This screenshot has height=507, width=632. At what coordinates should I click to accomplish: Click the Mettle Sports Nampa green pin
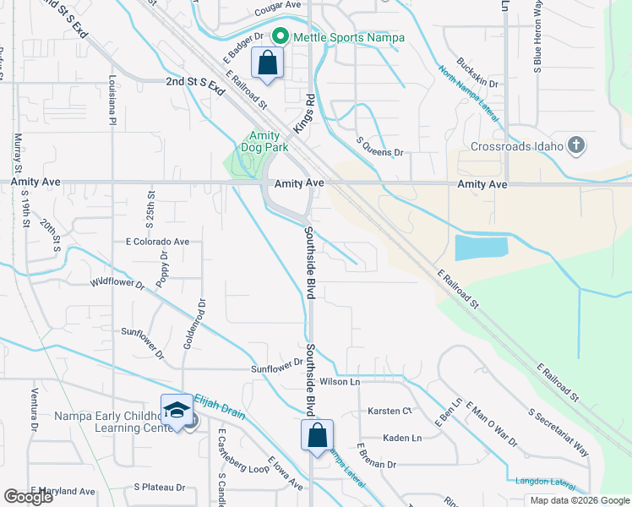click(281, 37)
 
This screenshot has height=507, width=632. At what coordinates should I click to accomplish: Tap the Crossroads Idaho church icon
click(576, 145)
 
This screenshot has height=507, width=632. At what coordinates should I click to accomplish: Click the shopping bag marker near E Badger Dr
click(267, 63)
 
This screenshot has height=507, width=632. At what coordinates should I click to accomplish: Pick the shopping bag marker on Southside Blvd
click(317, 436)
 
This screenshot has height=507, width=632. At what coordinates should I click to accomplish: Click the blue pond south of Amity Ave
click(482, 248)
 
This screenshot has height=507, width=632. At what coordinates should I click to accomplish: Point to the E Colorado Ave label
click(157, 241)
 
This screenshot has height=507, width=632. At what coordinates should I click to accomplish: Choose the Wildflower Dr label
click(117, 284)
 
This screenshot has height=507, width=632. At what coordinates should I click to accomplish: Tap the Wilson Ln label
click(339, 382)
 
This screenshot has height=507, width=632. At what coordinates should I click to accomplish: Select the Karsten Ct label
click(389, 411)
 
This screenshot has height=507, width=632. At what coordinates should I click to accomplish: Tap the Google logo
click(28, 497)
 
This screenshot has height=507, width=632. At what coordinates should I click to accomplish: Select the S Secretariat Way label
click(558, 436)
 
